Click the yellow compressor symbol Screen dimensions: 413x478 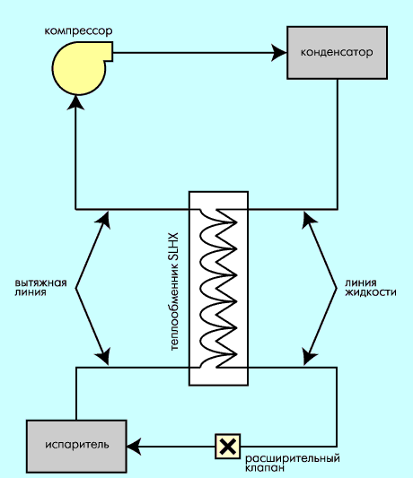pos(79,68)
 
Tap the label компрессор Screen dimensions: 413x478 pos(78,31)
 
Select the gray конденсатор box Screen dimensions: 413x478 pos(337,53)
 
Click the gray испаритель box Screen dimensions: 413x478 pos(76,446)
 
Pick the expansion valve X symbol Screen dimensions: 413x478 pos(228,447)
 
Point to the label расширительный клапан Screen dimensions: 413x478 pos(293,463)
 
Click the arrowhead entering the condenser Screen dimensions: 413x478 pos(279,53)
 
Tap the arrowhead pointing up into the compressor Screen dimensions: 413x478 pos(75,102)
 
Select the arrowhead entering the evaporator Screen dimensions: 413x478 pos(135,447)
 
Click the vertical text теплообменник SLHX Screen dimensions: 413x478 pos(173,291)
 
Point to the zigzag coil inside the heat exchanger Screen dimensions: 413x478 pos(218,289)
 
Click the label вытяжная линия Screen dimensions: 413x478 pos(40,287)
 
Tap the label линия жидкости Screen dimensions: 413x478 pos(371,287)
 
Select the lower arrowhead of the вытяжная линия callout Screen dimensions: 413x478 pos(103,356)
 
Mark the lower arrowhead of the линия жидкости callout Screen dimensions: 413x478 pos(309,356)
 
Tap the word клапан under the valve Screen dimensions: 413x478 pos(265,467)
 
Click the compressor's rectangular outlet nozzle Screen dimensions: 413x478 pos(108,51)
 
